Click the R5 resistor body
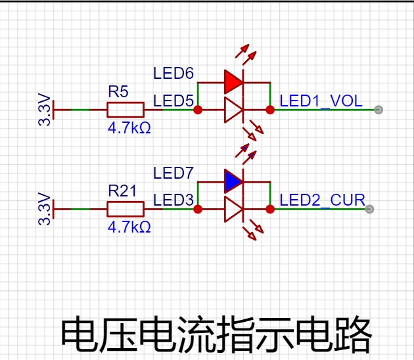coord(126,110)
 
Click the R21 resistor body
coord(126,209)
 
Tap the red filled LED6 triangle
coord(233,82)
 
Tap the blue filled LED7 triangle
coord(233,181)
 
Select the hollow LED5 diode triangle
coord(233,110)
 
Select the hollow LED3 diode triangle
coord(233,210)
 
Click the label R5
coord(118,91)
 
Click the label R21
coord(122,191)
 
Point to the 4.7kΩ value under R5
coord(129,127)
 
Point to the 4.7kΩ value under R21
coord(129,227)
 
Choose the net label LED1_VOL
coord(321,101)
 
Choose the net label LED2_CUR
coord(323,200)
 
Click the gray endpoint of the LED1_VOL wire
coord(379,110)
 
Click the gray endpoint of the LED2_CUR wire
coord(369,209)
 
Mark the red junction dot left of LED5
coord(198,110)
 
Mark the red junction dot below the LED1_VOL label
coord(270,110)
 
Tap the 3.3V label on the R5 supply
coord(45,109)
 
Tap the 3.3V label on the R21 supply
coord(45,209)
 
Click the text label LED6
coord(173,73)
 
